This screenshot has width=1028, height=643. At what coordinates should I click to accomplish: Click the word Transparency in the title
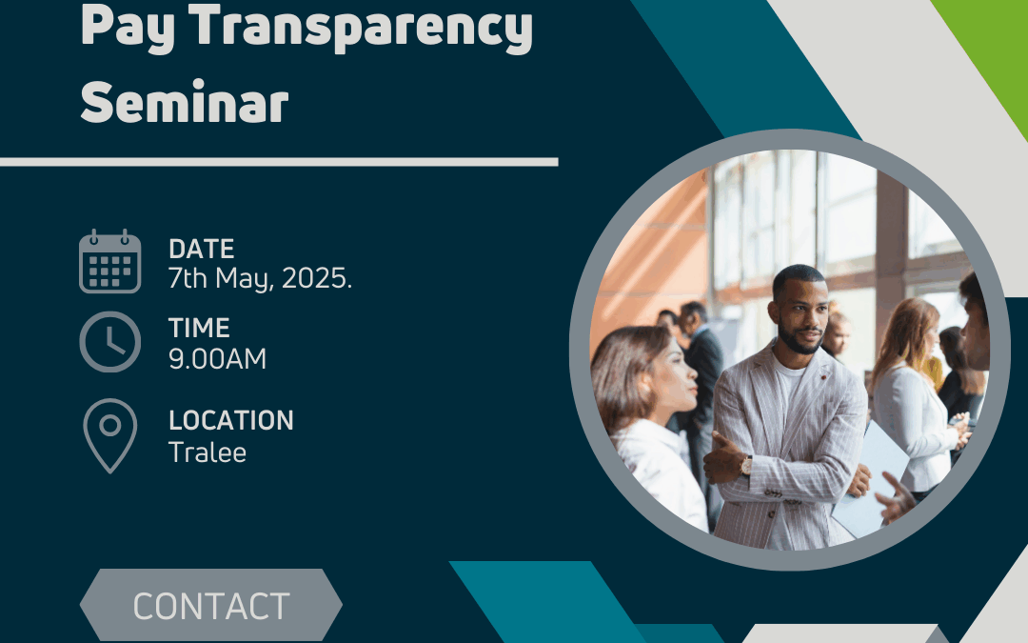(361, 28)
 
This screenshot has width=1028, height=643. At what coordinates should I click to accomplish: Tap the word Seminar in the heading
(185, 102)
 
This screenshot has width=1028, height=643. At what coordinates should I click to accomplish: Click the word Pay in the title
(128, 28)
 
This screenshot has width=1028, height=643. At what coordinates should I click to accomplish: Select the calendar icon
(110, 261)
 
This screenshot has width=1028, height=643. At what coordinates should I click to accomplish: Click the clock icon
(110, 342)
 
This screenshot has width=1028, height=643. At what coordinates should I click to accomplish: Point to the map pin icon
(110, 435)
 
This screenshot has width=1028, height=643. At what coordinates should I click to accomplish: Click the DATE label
(201, 250)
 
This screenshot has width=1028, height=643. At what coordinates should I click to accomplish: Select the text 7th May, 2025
(260, 279)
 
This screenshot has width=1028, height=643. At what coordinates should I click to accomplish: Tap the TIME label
(199, 328)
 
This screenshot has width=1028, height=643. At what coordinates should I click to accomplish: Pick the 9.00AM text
(218, 359)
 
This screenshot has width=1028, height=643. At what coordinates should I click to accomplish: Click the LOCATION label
(230, 421)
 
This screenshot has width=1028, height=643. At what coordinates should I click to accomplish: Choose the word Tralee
(208, 452)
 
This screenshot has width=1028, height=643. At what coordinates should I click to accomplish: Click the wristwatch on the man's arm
(746, 465)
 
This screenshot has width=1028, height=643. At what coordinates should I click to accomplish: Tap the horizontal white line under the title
(279, 162)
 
